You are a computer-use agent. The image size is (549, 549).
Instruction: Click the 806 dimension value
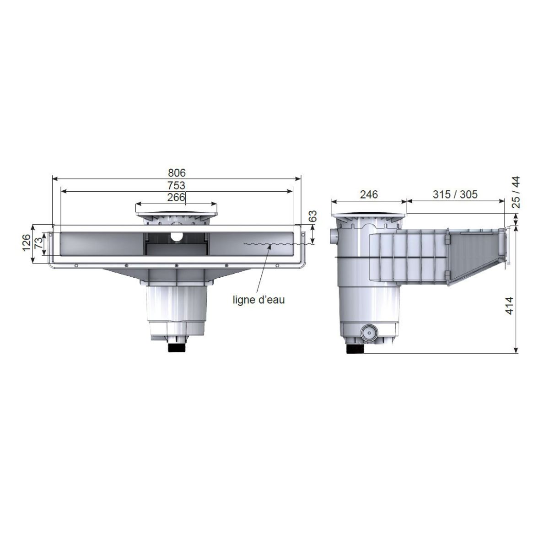177,172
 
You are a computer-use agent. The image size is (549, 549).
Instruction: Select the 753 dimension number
176,185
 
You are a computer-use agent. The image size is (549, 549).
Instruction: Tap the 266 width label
176,197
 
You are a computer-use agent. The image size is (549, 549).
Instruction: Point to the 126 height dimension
27,242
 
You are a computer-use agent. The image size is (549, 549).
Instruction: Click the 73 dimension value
38,243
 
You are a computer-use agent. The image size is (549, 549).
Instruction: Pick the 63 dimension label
313,216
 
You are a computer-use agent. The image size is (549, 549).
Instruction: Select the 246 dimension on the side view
369,194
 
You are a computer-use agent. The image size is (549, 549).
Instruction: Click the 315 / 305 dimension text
455,194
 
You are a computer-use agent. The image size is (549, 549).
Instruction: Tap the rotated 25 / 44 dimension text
516,192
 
